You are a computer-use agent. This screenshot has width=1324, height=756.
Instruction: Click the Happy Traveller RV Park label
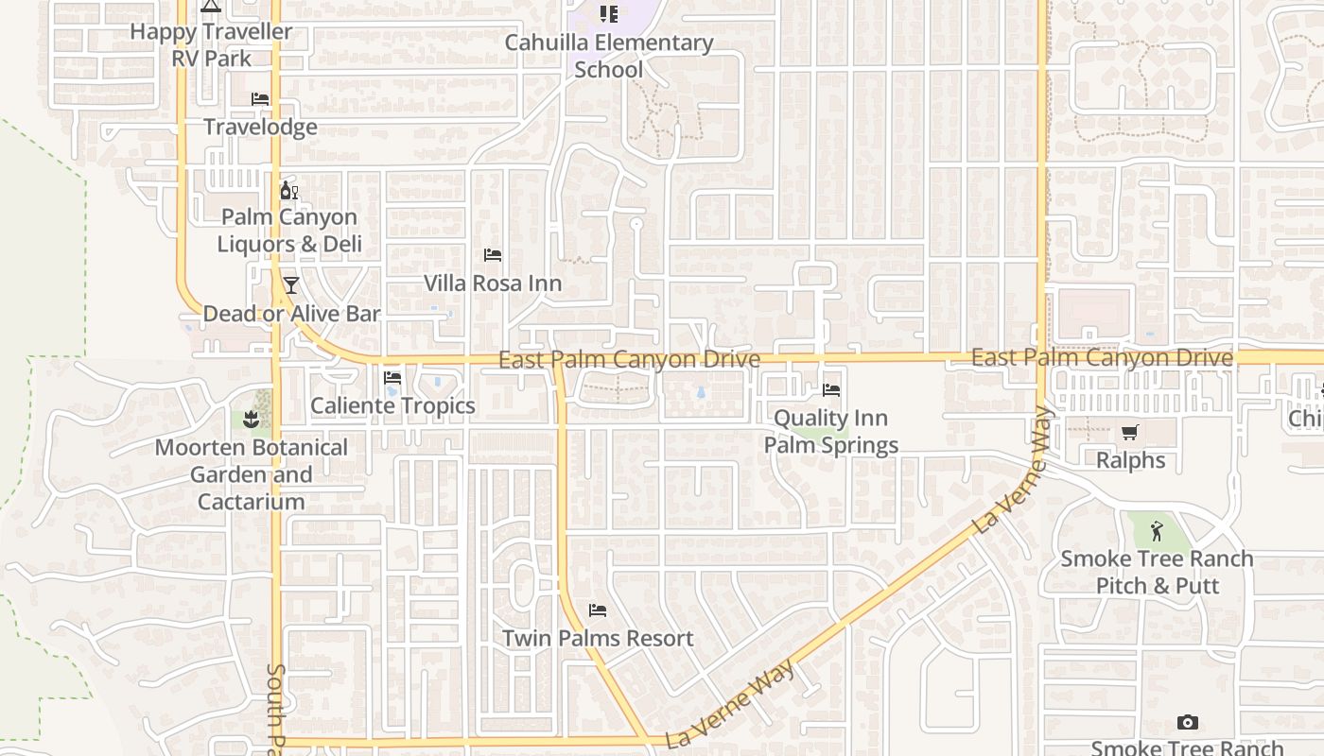(x=211, y=44)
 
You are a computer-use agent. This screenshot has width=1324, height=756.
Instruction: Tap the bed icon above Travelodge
(x=260, y=99)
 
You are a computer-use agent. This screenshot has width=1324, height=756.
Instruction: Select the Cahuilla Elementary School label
(x=609, y=56)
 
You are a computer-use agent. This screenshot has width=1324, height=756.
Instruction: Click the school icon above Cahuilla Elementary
(x=609, y=14)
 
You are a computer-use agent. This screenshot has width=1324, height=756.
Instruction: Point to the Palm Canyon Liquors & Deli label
(x=289, y=231)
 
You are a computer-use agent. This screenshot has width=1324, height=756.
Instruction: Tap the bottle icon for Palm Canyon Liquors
(x=289, y=191)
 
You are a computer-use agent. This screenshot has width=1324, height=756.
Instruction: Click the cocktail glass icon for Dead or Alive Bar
(x=291, y=285)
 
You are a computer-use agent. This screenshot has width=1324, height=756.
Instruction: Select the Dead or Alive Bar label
(x=292, y=314)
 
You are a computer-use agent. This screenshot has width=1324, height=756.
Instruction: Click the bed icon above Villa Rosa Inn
(x=493, y=255)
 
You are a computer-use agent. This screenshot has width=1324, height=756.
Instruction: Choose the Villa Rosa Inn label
(x=493, y=283)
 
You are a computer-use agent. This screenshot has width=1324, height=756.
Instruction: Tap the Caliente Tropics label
(x=393, y=405)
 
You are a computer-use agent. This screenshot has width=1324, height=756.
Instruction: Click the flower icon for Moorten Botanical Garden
(x=251, y=419)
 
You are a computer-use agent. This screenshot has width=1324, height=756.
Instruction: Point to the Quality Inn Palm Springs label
(x=831, y=431)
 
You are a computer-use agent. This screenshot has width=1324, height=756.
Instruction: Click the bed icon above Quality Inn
(x=831, y=389)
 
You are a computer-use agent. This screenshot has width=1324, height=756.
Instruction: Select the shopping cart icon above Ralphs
(x=1130, y=433)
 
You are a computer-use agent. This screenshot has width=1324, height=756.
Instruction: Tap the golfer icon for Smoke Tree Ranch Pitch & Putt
(x=1157, y=530)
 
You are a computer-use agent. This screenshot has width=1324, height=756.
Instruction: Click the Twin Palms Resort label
(x=598, y=639)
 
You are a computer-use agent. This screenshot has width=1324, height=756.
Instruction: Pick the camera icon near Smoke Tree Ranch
(x=1188, y=723)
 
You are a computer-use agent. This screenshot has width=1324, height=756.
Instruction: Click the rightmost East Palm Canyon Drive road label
(x=1103, y=358)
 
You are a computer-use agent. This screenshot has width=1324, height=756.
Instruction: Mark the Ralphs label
(x=1131, y=460)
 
